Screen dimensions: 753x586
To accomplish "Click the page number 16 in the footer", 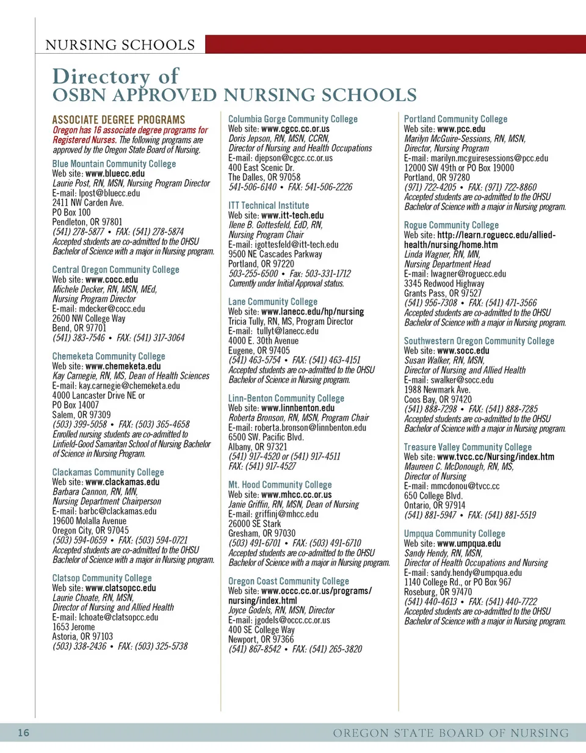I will coord(23,733).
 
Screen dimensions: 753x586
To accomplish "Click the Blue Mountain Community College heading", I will coord(114,164).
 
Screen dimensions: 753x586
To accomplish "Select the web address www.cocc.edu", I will coord(112,280).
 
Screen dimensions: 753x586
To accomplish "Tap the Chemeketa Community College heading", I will coord(109,356).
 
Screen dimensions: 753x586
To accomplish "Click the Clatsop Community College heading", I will coord(102,578).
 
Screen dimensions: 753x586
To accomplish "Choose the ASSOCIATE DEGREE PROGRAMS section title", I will coord(118,120).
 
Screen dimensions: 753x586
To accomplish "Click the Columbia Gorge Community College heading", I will coord(293,119).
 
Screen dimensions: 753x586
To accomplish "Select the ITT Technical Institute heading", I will coord(269,206).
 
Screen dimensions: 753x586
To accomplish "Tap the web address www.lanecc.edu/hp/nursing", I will coord(313,311).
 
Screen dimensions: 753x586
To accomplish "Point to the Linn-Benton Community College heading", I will coord(286,398).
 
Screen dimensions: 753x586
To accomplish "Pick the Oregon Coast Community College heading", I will coord(289,581).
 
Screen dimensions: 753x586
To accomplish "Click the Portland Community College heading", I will coord(455,119).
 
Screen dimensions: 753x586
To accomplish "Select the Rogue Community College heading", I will coord(451,225).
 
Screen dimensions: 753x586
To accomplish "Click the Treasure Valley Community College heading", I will coord(468,447).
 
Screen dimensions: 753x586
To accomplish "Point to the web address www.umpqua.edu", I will coord(469,544).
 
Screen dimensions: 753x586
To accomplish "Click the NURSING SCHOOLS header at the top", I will coord(120,45).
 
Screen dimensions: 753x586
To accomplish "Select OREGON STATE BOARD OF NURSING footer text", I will coord(450,733).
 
